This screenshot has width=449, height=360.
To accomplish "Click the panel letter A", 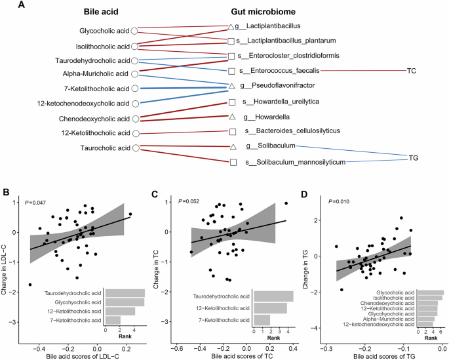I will tap(6, 5).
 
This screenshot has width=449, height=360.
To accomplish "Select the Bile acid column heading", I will tap(106, 12).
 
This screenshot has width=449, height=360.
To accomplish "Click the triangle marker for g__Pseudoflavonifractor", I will tap(231, 86).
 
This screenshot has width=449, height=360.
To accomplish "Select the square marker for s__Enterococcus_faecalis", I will tap(231, 71).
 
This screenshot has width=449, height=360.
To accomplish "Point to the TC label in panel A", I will tap(412, 70).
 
